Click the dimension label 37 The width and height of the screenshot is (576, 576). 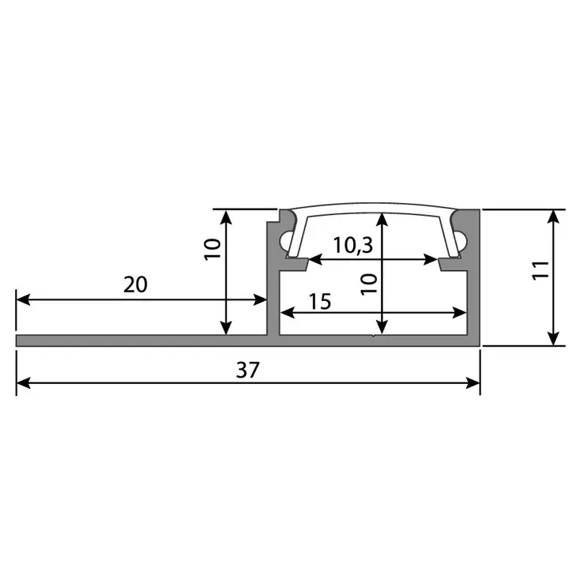coord(247,370)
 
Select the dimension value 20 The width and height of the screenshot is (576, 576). coord(135,284)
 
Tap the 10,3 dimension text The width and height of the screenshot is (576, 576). coord(352,245)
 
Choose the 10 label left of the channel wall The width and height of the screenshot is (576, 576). coord(212,250)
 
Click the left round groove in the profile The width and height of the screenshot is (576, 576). coord(285,240)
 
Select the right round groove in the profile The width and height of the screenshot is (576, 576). coord(462,240)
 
